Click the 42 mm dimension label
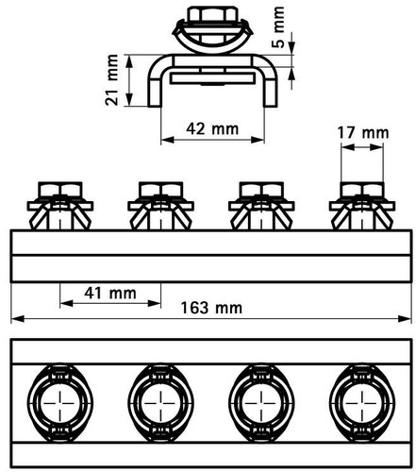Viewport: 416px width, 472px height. tap(212, 129)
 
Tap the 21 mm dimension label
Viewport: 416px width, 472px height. tap(111, 80)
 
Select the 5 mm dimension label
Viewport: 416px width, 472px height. tap(278, 27)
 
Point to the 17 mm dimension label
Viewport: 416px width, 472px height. tap(363, 133)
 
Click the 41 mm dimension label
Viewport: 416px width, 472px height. tap(110, 294)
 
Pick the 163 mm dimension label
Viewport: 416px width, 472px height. tap(211, 308)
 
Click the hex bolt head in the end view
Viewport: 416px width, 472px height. tap(212, 15)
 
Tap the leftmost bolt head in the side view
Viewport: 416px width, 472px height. tap(60, 190)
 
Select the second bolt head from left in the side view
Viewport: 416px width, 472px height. tap(161, 190)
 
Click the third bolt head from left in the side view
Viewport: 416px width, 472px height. tap(261, 190)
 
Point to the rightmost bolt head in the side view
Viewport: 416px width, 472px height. tap(362, 190)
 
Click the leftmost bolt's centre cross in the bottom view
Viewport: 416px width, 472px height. tap(60, 403)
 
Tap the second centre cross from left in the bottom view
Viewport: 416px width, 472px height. tap(161, 403)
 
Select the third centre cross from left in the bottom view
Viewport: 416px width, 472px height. tap(261, 403)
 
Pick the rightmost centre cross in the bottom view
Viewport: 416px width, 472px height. tap(362, 403)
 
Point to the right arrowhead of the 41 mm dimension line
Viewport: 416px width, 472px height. tap(154, 303)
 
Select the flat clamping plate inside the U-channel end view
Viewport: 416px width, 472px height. tap(212, 78)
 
